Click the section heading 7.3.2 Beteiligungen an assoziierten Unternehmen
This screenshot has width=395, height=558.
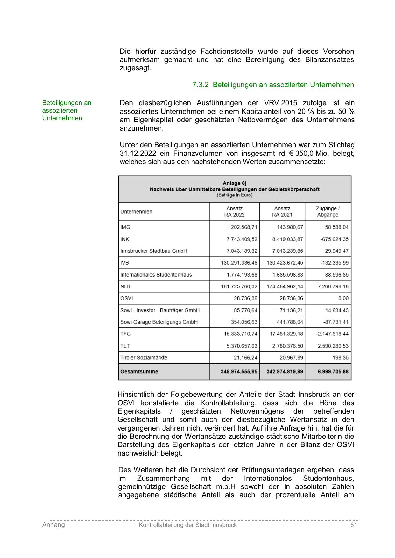coord(273,85)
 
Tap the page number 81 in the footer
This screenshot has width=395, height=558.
coord(353,525)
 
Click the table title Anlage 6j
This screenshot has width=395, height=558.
coord(235,183)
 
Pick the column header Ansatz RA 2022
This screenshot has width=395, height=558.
coord(235,211)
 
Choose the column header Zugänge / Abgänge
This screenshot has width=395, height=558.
coord(328,211)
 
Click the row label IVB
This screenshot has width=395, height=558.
coord(125,263)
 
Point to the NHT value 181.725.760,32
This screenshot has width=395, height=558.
coord(239,286)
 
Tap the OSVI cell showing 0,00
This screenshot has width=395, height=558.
coord(343,298)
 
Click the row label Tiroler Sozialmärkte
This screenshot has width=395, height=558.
coord(144,358)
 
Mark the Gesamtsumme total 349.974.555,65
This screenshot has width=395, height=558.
coord(239,372)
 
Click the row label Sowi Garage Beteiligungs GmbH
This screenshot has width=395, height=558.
coord(159,322)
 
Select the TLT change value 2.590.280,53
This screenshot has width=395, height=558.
coord(333,346)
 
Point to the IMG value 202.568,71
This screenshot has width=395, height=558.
coord(244,227)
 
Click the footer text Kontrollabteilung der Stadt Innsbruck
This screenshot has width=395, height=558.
coord(188,525)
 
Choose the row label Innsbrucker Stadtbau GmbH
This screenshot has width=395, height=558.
coord(154,251)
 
